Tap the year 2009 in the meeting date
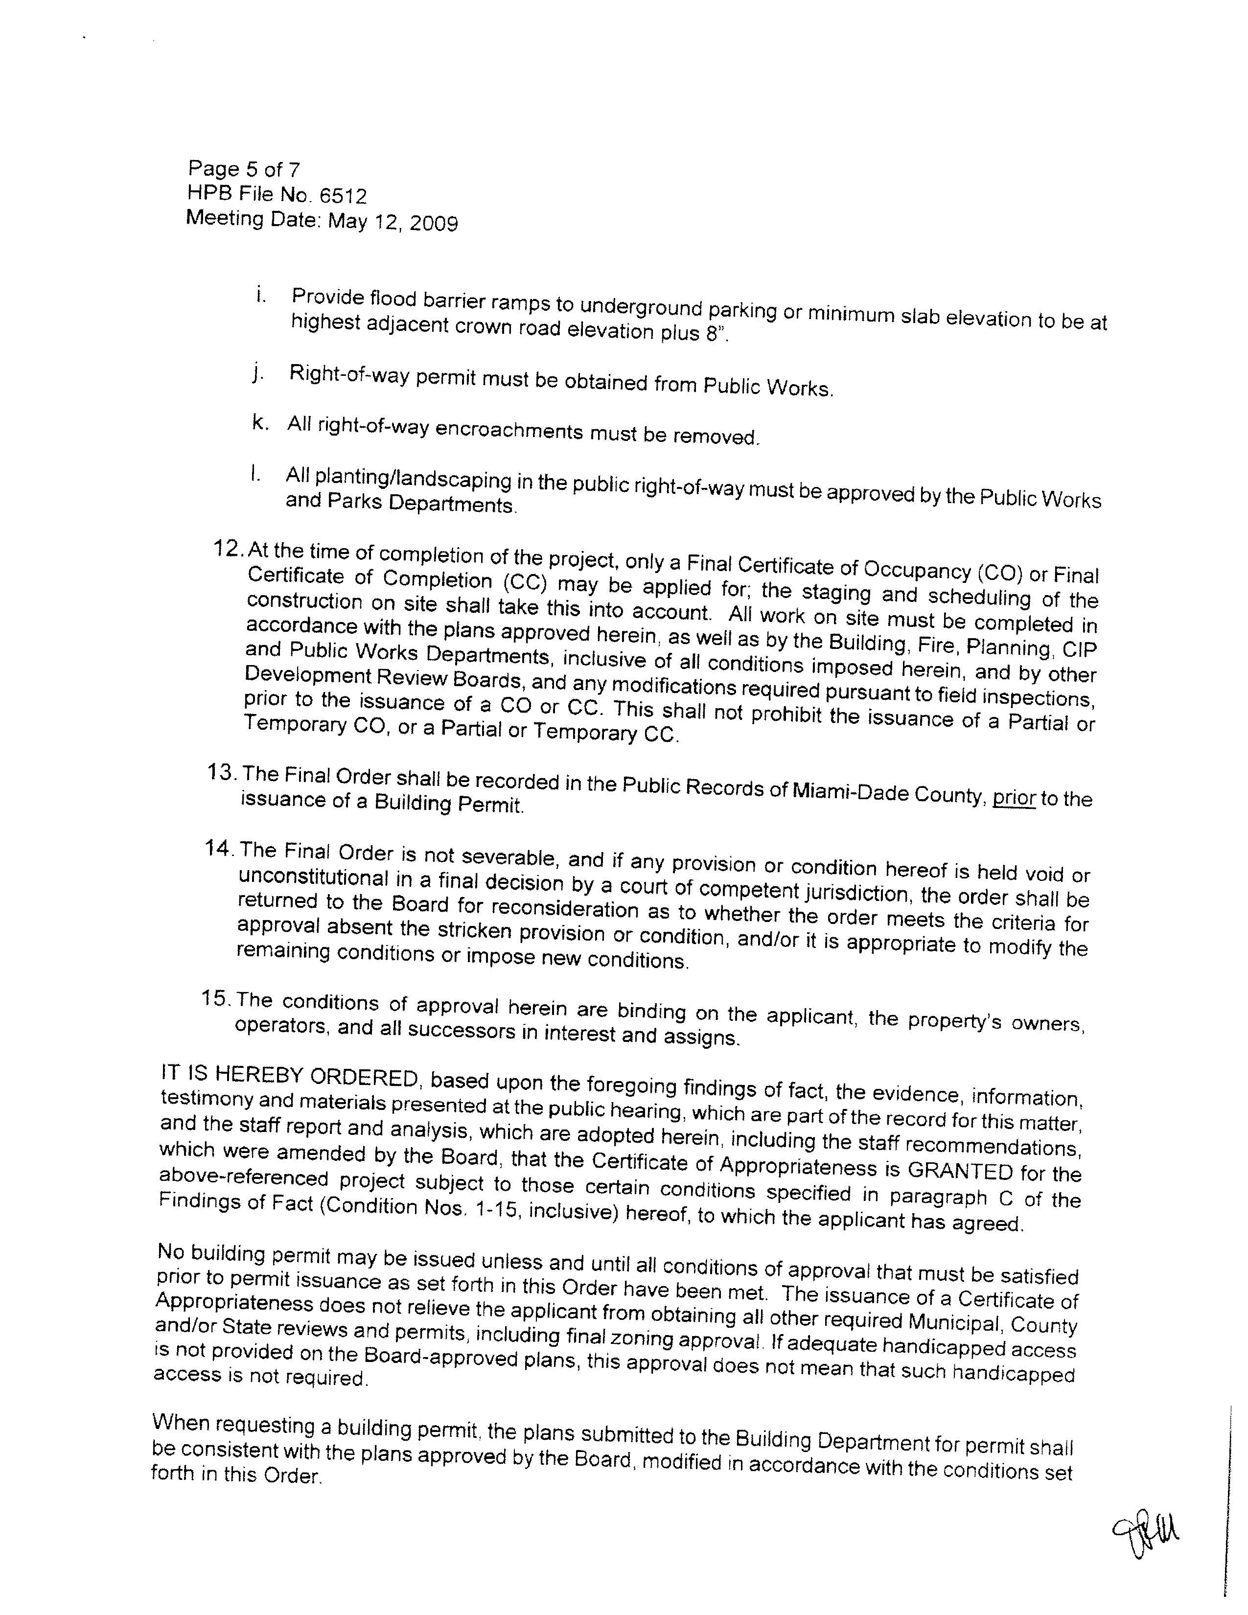click(x=434, y=223)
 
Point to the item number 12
click(x=228, y=549)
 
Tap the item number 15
click(x=216, y=999)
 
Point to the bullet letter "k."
click(x=259, y=422)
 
